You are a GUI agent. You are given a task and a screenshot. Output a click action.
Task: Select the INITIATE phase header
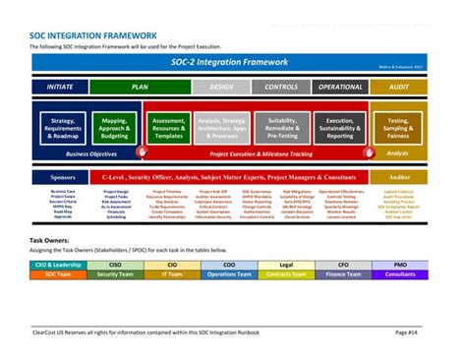60,88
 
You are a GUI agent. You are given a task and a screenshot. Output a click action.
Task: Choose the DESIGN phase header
222,88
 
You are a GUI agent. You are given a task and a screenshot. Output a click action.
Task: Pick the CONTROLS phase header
281,88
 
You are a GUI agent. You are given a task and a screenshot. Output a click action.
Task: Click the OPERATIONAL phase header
340,88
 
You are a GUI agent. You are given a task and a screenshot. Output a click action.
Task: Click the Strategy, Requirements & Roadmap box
63,128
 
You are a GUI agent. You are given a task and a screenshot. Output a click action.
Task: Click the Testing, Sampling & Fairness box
398,128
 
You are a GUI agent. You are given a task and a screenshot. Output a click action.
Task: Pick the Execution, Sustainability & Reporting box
339,128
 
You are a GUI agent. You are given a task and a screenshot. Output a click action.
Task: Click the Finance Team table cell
344,274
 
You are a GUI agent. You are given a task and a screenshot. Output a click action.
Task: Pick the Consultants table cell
400,274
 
